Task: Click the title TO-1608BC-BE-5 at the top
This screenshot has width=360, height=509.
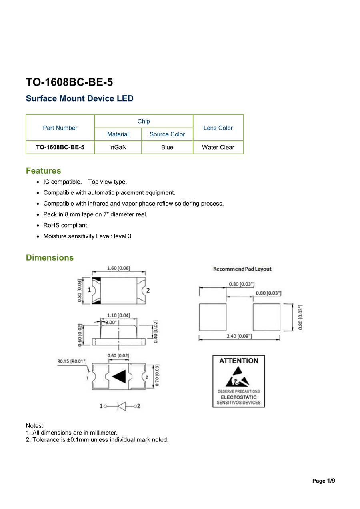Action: pyautogui.click(x=69, y=82)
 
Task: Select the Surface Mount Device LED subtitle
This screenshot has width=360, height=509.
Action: pyautogui.click(x=80, y=98)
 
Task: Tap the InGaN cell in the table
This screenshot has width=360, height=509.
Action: pyautogui.click(x=118, y=147)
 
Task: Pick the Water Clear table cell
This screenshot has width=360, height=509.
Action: pyautogui.click(x=218, y=147)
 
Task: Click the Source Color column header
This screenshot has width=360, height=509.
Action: pyautogui.click(x=167, y=134)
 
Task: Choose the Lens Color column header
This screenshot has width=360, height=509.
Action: pyautogui.click(x=218, y=128)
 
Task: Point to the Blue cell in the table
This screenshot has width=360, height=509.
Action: pyautogui.click(x=167, y=147)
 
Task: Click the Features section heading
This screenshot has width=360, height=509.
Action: pyautogui.click(x=44, y=171)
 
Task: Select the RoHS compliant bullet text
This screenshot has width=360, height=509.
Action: pyautogui.click(x=66, y=225)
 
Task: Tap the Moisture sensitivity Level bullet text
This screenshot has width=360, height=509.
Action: pyautogui.click(x=87, y=236)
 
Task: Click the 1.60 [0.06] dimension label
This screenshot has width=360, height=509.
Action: pyautogui.click(x=118, y=268)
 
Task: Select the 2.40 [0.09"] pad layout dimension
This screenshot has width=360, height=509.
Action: pyautogui.click(x=239, y=336)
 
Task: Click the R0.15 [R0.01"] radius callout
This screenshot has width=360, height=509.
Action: pyautogui.click(x=72, y=361)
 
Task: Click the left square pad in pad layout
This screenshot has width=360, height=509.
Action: pyautogui.click(x=212, y=317)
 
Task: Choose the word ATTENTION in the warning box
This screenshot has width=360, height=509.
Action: pyautogui.click(x=239, y=361)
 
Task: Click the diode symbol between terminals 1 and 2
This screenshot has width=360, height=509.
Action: pyautogui.click(x=121, y=406)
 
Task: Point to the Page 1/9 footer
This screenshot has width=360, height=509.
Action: pyautogui.click(x=323, y=481)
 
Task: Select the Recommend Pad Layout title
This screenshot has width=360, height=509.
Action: pyautogui.click(x=242, y=269)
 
